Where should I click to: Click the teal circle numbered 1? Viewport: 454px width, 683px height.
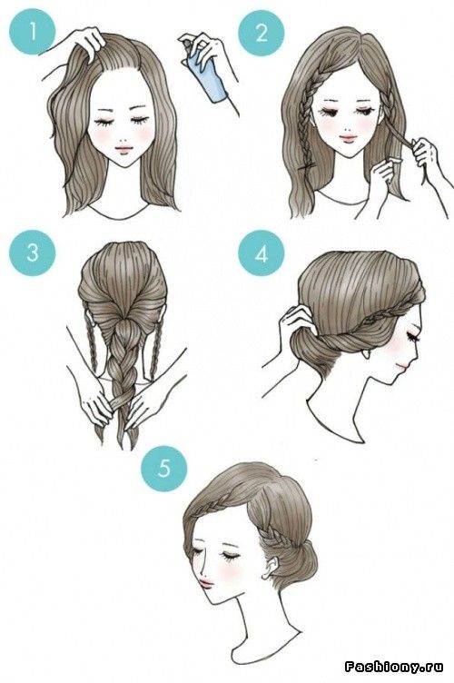[x=33, y=32]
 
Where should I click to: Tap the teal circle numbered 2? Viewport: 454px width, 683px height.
[x=262, y=32]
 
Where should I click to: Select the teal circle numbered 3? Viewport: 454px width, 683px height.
[x=33, y=252]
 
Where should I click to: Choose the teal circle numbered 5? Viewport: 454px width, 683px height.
[x=164, y=469]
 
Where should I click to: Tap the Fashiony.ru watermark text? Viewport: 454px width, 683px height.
[x=394, y=666]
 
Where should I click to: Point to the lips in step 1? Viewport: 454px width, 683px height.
[x=123, y=149]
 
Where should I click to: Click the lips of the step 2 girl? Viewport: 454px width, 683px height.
[x=348, y=138]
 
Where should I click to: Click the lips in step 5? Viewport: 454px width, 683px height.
[x=205, y=581]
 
